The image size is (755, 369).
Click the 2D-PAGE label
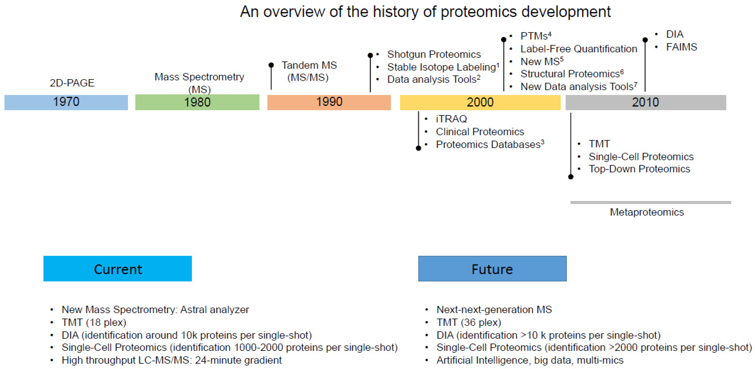pos(72,83)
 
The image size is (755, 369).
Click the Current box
pos(118,269)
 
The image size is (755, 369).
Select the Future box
pos(492,269)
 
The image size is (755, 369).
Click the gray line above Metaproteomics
pos(650,202)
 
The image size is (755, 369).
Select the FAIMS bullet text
pos(681,47)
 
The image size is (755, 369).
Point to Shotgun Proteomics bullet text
pos(434,54)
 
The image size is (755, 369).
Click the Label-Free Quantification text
pos(579,49)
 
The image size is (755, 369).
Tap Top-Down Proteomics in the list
pos(639,169)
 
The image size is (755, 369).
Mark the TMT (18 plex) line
pos(94,322)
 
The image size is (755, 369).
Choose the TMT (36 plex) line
pos(469,322)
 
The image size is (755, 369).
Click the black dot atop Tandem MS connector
pos(271,65)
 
